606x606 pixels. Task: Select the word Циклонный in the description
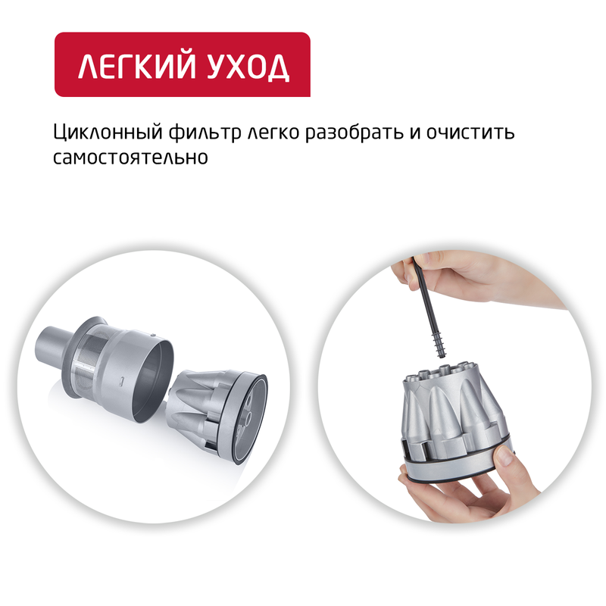tap(100, 132)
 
